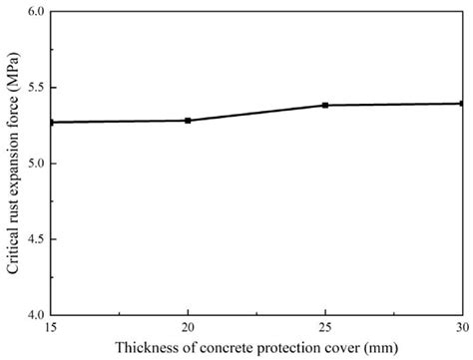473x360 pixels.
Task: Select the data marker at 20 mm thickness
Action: (x=188, y=121)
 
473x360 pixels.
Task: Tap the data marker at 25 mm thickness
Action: (x=325, y=105)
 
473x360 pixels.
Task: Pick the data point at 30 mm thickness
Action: (x=462, y=103)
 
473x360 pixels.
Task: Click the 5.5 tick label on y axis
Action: (x=35, y=88)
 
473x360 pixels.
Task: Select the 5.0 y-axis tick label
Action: (x=35, y=163)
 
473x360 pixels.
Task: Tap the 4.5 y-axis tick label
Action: (x=35, y=238)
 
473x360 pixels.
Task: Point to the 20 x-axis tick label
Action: (x=188, y=327)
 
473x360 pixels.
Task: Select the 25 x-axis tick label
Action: (x=325, y=327)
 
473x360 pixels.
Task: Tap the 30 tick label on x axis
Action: (x=461, y=327)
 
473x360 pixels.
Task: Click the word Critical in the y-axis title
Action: (x=12, y=248)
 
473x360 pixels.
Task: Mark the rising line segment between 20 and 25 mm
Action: (x=256, y=113)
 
